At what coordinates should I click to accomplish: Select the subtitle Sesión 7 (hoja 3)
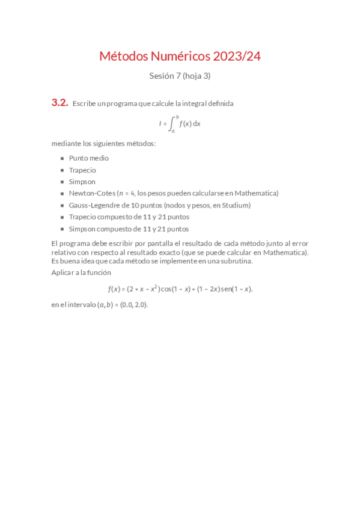pos(180,76)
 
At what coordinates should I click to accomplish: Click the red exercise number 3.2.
pos(59,103)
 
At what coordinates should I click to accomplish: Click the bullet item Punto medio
pos(88,158)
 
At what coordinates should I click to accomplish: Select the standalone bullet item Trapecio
pos(82,170)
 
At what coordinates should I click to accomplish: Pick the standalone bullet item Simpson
pos(82,182)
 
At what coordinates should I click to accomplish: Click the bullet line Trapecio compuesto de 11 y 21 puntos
pos(129,217)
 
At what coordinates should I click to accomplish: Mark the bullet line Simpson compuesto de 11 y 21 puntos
pos(129,229)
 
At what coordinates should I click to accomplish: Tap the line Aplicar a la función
pos(81,272)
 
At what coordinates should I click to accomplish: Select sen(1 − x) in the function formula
pos(237,289)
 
